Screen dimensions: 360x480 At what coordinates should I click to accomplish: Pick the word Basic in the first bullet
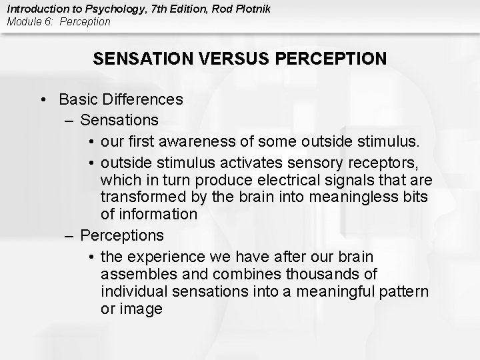[x=77, y=100]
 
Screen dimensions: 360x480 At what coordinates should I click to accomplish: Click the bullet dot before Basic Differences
[x=43, y=100]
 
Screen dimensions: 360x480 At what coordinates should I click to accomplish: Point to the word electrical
[x=261, y=181]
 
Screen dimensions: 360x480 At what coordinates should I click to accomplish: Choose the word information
[x=157, y=215]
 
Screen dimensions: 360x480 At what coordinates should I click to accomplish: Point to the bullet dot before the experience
[x=91, y=257]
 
